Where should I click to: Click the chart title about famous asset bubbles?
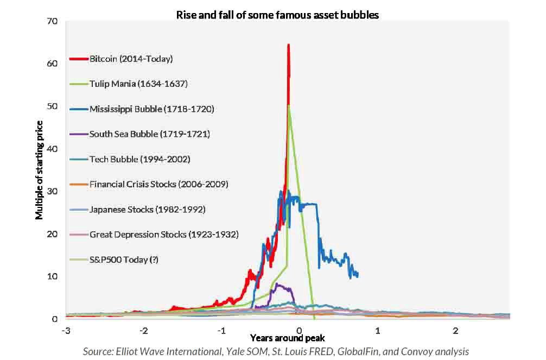(277, 15)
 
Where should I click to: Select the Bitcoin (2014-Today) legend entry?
(131, 59)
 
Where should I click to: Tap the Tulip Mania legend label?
(138, 84)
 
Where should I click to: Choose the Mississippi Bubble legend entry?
(152, 109)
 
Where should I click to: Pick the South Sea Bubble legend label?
(150, 134)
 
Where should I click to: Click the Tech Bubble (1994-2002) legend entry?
(140, 159)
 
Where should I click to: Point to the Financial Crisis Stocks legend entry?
(159, 184)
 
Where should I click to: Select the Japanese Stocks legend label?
(147, 209)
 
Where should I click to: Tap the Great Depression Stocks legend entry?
(164, 234)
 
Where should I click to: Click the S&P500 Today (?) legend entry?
(124, 260)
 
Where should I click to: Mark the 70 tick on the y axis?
(52, 21)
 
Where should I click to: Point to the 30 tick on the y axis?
(52, 191)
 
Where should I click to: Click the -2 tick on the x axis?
(143, 330)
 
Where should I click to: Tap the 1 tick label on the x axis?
(377, 330)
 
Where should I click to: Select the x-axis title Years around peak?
(287, 338)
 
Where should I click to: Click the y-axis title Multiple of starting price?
(39, 170)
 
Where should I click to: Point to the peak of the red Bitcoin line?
(288, 45)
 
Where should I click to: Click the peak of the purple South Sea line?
(277, 284)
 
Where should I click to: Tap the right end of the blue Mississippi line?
(358, 275)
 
